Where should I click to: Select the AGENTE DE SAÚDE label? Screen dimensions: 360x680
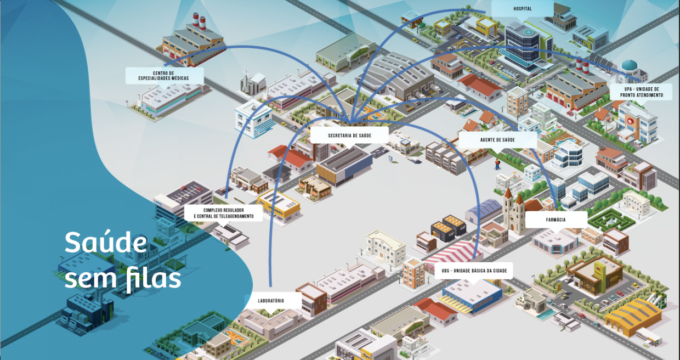click(497, 140)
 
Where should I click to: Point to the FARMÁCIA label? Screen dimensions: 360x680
click(556, 220)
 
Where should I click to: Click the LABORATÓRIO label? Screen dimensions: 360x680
click(271, 301)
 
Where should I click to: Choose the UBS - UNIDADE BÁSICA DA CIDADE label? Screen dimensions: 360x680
click(474, 271)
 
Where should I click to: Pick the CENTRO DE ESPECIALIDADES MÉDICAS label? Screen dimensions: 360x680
click(165, 76)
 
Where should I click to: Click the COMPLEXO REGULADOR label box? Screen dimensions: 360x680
click(223, 213)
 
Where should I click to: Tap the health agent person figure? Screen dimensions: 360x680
click(497, 164)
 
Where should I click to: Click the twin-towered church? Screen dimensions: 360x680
click(514, 211)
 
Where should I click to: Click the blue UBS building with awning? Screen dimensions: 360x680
click(473, 296)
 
